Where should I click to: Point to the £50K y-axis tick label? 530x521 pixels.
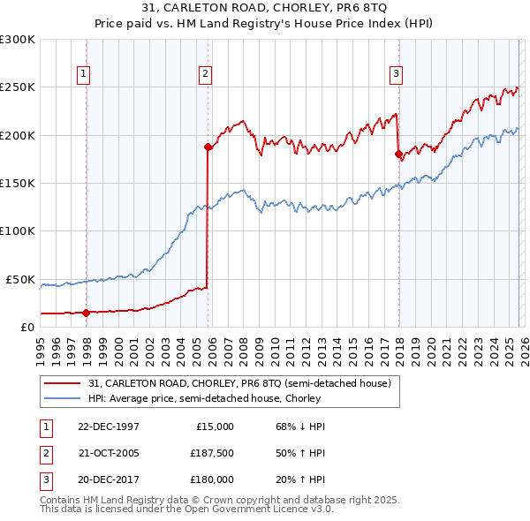click(x=21, y=279)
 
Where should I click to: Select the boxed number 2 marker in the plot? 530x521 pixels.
click(x=205, y=74)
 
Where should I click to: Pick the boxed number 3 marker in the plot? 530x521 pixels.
click(x=397, y=74)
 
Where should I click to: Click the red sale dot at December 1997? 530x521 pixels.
click(x=86, y=312)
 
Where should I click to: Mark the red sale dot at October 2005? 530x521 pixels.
click(x=208, y=147)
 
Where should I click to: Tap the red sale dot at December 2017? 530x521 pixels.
click(x=397, y=155)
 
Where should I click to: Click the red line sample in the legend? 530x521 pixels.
click(x=63, y=383)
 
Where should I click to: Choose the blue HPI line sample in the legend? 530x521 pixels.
click(x=63, y=399)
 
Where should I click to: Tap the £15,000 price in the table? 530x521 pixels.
click(x=215, y=426)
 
